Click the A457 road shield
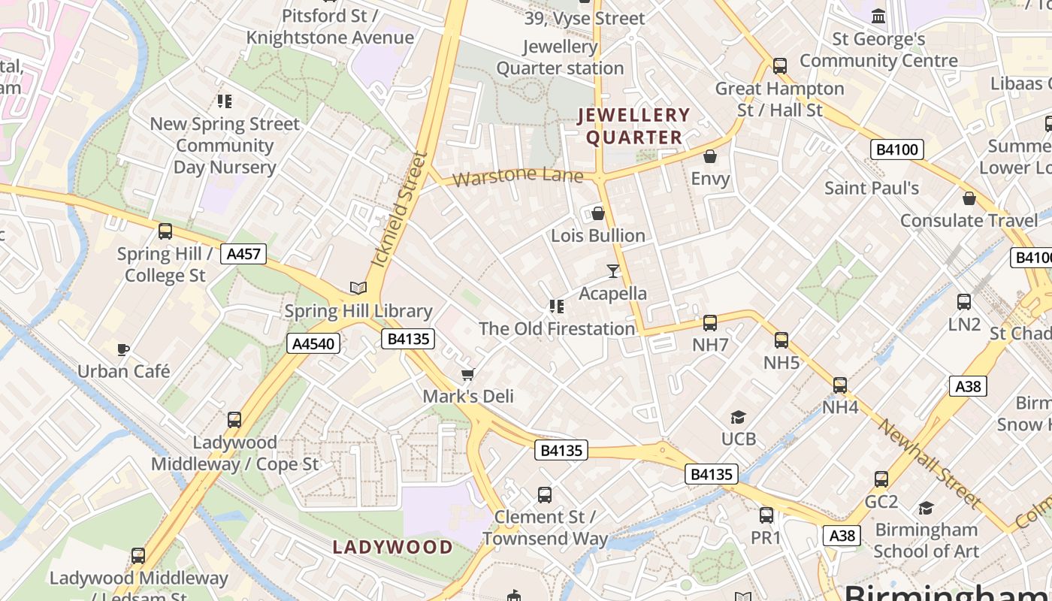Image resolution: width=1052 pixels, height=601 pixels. pos(243,254)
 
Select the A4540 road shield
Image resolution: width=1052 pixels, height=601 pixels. pos(314,344)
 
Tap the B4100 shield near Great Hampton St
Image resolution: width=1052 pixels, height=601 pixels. pos(897,149)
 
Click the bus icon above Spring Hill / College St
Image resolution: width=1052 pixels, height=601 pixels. pos(165,231)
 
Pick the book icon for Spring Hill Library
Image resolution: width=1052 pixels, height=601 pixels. pos(358,288)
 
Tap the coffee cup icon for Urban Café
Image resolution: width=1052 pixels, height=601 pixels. pos(123,349)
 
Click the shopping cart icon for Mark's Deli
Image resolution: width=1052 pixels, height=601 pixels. pos(468,374)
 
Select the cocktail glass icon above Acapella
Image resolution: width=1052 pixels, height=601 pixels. pos(613,270)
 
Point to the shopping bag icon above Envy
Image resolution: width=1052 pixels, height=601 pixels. pos(709,156)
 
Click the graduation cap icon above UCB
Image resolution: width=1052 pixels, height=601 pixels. pos(738,417)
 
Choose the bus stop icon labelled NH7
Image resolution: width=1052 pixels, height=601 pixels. pos(709,323)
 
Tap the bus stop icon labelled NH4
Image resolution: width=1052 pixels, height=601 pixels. pos(840,385)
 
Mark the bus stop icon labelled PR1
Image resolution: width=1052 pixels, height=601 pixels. pos(766,515)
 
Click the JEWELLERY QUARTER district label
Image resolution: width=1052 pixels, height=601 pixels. pos(633,126)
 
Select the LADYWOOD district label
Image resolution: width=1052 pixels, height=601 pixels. pos(393,547)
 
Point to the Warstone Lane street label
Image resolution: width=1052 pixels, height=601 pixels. pos(518,177)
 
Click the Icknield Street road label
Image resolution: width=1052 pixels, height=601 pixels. pos(399,210)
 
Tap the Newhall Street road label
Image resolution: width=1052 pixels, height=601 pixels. pos(930,464)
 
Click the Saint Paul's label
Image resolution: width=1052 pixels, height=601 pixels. pos(872,188)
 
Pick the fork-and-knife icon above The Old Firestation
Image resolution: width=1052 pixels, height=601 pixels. pos(556,306)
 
